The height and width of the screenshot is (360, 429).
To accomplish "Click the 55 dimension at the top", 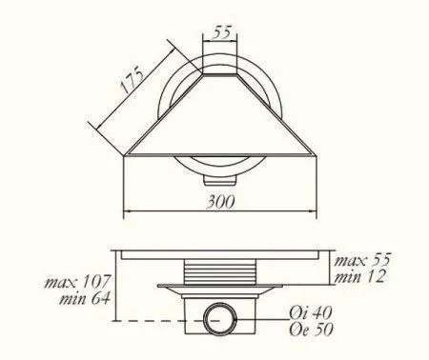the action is (222, 32).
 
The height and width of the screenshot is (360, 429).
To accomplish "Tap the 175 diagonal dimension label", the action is (133, 79).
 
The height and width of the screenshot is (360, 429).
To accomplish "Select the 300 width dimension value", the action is (220, 202).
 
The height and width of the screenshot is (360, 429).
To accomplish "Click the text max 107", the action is (77, 282).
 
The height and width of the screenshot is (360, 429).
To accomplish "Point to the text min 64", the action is (85, 299).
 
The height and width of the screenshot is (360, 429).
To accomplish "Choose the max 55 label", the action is (361, 260).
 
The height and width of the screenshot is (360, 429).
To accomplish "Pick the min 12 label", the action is (359, 277).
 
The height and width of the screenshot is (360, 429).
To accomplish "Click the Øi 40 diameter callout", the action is (311, 313).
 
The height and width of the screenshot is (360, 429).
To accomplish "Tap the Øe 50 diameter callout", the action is (311, 330).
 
